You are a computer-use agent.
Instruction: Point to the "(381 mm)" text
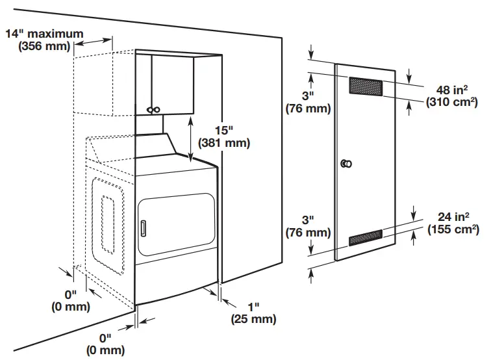click(223, 142)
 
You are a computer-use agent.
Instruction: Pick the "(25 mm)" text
click(253, 319)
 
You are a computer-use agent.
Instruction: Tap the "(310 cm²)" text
click(452, 103)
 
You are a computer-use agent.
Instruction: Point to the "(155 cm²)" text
click(453, 229)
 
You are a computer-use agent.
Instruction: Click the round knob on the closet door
click(346, 164)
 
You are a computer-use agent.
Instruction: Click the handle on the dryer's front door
click(142, 227)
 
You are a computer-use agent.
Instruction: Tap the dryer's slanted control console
click(157, 146)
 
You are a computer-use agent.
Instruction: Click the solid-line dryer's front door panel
click(175, 225)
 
